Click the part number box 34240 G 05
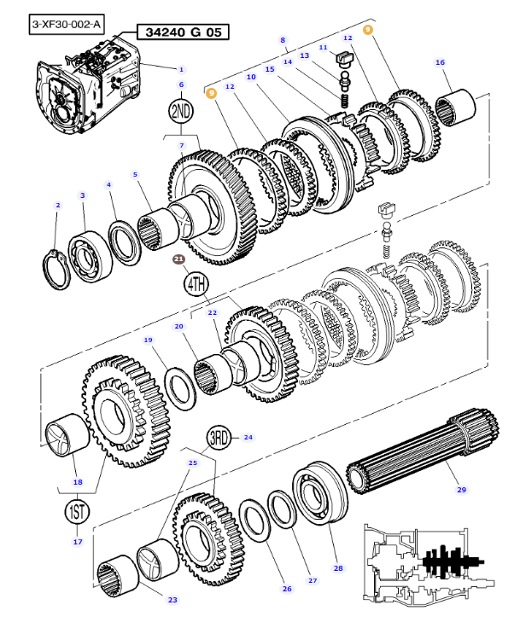pos(183,32)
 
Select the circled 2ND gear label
pos(181,111)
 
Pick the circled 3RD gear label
pos(220,439)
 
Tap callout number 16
pos(441,62)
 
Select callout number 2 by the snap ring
pos(57,205)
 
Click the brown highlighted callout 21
pos(178,259)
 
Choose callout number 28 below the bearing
pos(337,567)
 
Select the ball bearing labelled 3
pos(91,253)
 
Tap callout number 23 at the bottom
pos(172,600)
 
